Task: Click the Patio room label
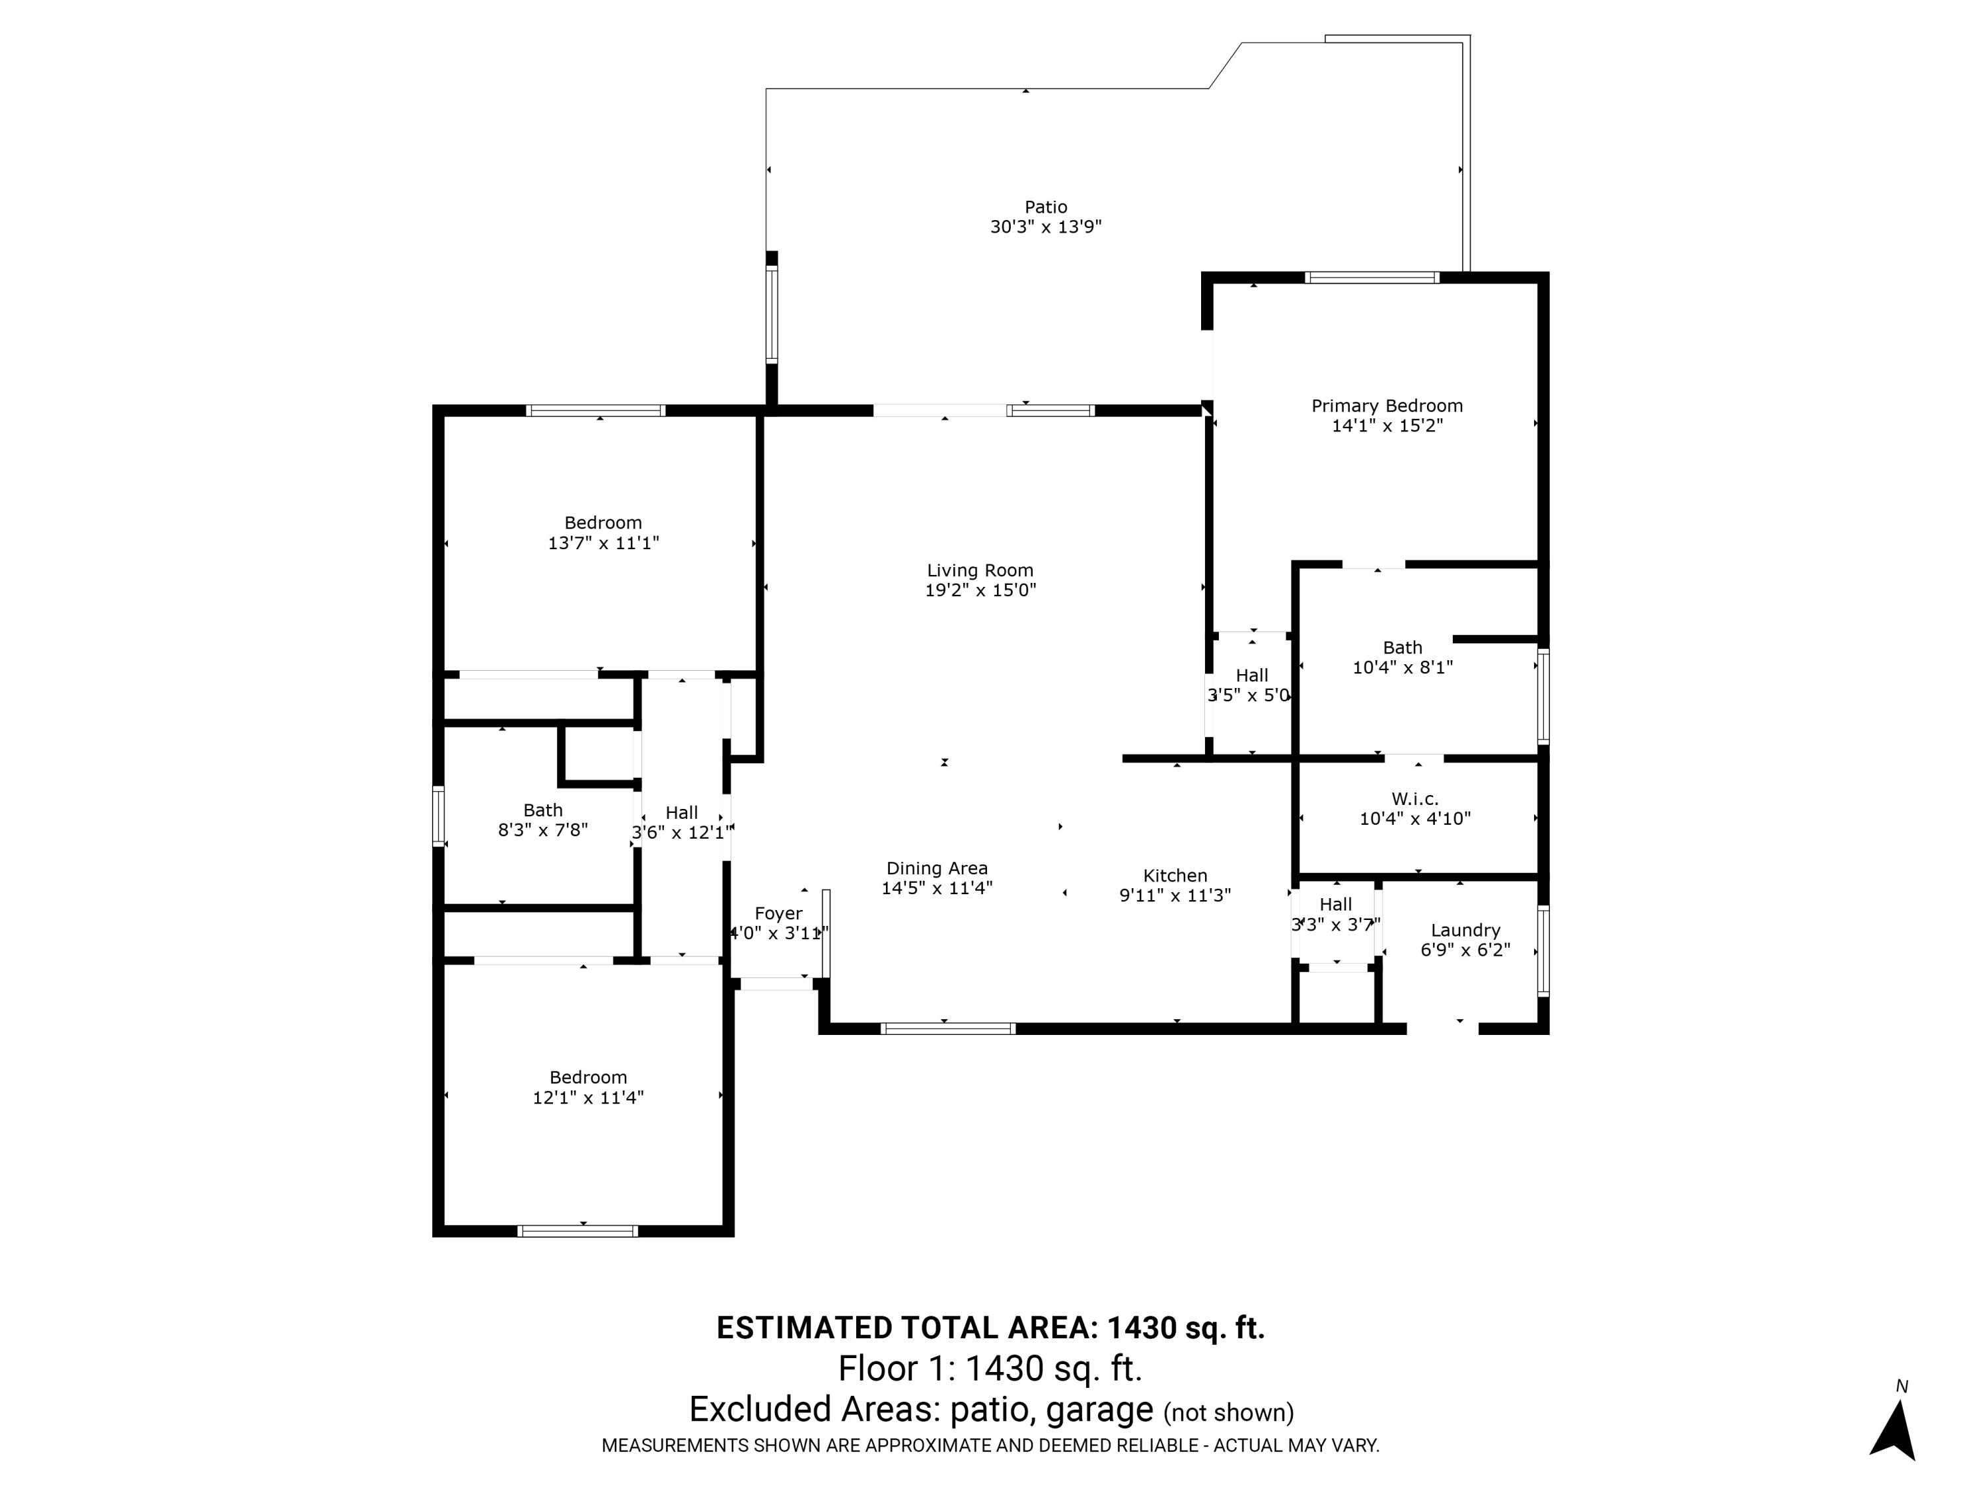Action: (x=1046, y=207)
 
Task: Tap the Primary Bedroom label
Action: (x=1387, y=406)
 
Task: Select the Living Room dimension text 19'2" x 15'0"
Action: (x=980, y=590)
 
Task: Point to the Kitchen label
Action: (x=1175, y=876)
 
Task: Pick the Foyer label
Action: (x=778, y=913)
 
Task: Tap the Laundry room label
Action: (x=1465, y=931)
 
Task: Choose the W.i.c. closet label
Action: (x=1415, y=798)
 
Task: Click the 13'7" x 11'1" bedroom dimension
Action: (x=603, y=543)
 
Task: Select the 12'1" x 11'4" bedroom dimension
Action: (x=588, y=1097)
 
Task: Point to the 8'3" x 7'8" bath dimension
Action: (x=543, y=830)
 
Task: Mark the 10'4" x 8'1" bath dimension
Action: (x=1403, y=667)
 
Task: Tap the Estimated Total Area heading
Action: (x=991, y=1328)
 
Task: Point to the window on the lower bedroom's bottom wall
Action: (x=578, y=1231)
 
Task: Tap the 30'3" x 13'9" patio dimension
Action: (x=1046, y=227)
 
